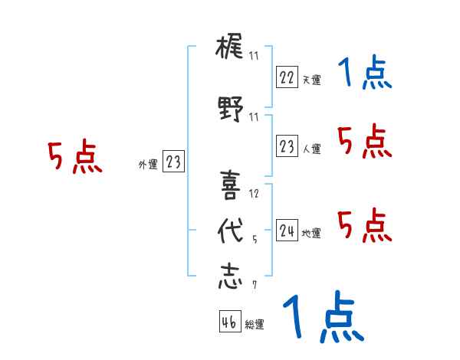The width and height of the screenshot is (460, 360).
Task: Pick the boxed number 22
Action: (287, 77)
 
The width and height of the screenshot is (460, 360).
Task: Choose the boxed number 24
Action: (287, 231)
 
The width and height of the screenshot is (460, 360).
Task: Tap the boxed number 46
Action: (229, 322)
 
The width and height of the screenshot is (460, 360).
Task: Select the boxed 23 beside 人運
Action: (287, 146)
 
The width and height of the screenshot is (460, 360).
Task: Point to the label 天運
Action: (311, 80)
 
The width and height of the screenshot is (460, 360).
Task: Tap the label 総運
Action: (254, 325)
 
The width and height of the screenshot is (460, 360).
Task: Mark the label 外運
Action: (148, 164)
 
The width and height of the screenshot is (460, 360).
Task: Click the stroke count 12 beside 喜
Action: (255, 193)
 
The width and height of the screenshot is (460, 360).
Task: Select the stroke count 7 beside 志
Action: (254, 286)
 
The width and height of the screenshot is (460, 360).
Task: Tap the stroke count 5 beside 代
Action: (254, 239)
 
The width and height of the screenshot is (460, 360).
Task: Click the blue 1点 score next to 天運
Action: (365, 74)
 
